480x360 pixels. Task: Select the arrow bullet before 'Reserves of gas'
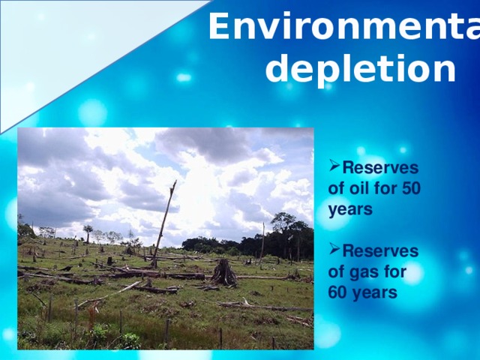(x=334, y=250)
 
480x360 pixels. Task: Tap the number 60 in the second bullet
(x=339, y=292)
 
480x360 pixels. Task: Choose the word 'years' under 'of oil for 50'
(x=350, y=210)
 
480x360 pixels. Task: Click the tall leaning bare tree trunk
(x=164, y=221)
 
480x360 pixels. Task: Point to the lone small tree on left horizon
(x=88, y=231)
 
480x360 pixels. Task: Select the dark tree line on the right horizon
(x=285, y=238)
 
